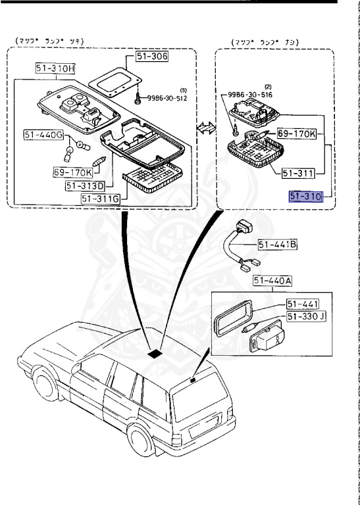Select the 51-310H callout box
coord(55,68)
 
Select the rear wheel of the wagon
coord(141,441)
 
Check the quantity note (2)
coord(269,85)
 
